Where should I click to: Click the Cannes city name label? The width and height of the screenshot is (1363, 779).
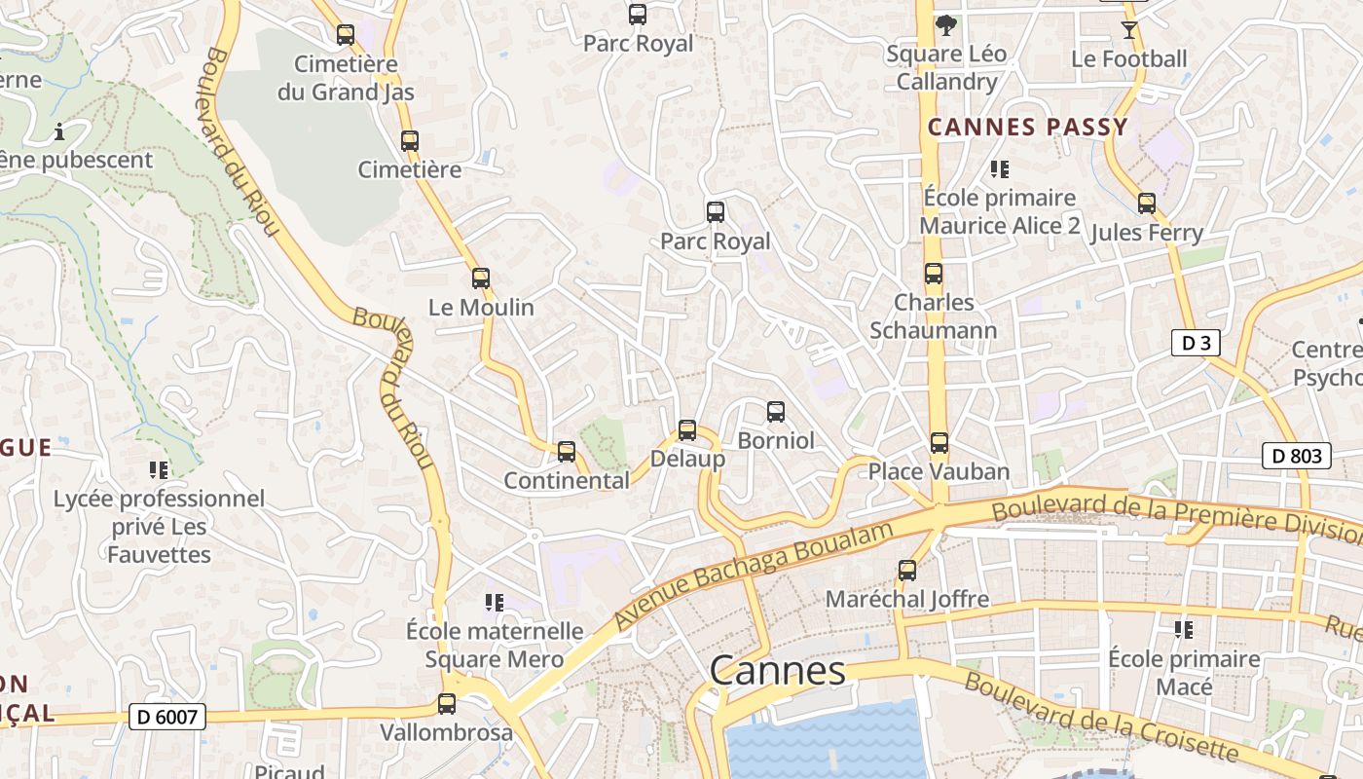(777, 671)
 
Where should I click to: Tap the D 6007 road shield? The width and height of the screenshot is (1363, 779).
(168, 718)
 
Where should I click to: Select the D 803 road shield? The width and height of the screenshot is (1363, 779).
(1296, 455)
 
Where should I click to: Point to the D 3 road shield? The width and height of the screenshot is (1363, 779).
(1195, 343)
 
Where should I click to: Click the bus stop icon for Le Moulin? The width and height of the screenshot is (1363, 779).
(481, 278)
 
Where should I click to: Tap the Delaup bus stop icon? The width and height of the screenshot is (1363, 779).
(687, 430)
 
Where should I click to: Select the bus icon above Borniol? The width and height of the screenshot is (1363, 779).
(776, 412)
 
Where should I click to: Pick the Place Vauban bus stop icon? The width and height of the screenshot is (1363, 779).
(939, 443)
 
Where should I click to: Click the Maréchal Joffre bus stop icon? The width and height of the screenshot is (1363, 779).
(907, 571)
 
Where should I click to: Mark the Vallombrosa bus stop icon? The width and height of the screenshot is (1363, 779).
(447, 703)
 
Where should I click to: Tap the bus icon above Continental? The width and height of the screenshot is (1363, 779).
(567, 452)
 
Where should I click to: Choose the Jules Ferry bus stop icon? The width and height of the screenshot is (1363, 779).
(1147, 204)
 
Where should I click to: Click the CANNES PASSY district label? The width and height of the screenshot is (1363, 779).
(1027, 127)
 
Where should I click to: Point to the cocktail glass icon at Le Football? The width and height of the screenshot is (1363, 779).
(1128, 30)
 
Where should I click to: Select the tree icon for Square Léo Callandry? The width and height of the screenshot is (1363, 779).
(945, 25)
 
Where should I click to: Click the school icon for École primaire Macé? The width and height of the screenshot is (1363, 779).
(1184, 630)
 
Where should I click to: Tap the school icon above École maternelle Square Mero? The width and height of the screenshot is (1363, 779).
(495, 603)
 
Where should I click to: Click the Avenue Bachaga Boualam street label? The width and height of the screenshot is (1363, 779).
(754, 575)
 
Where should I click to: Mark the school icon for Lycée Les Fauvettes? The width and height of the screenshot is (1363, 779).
(159, 470)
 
